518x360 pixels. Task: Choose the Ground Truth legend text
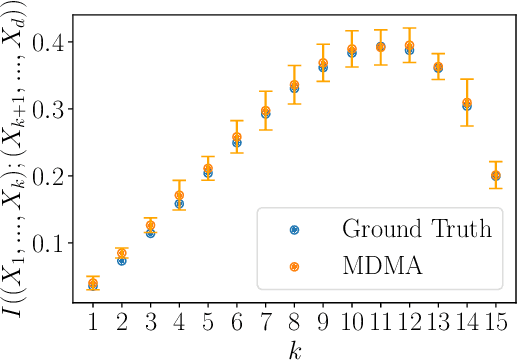tap(417, 228)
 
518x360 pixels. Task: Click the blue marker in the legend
tap(295, 229)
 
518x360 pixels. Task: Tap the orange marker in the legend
tap(295, 267)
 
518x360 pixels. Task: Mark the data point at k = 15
tap(496, 176)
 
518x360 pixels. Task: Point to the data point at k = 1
tap(93, 284)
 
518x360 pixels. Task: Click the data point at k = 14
tap(467, 103)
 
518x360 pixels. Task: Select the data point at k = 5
tap(208, 170)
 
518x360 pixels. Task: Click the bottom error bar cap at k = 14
tap(467, 125)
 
